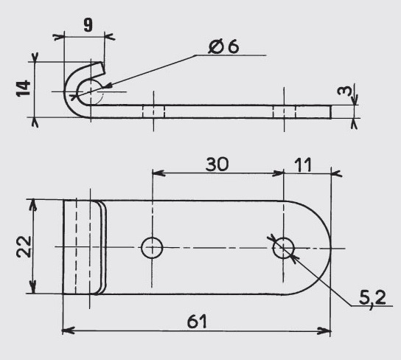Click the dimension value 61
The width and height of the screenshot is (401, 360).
197,322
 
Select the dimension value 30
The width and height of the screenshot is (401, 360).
217,165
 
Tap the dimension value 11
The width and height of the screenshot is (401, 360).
303,165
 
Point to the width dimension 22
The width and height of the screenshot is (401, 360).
24,246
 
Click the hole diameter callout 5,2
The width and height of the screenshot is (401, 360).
372,298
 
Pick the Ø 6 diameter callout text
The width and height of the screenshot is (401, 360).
223,46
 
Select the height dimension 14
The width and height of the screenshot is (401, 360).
24,89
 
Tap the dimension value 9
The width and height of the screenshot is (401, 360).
88,25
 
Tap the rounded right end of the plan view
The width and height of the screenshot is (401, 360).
331,248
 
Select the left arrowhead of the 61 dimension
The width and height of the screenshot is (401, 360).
68,330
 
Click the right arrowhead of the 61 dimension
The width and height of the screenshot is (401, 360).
324,330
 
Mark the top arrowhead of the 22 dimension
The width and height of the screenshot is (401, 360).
32,205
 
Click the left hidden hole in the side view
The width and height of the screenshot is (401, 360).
153,112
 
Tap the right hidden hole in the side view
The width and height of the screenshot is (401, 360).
284,112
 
